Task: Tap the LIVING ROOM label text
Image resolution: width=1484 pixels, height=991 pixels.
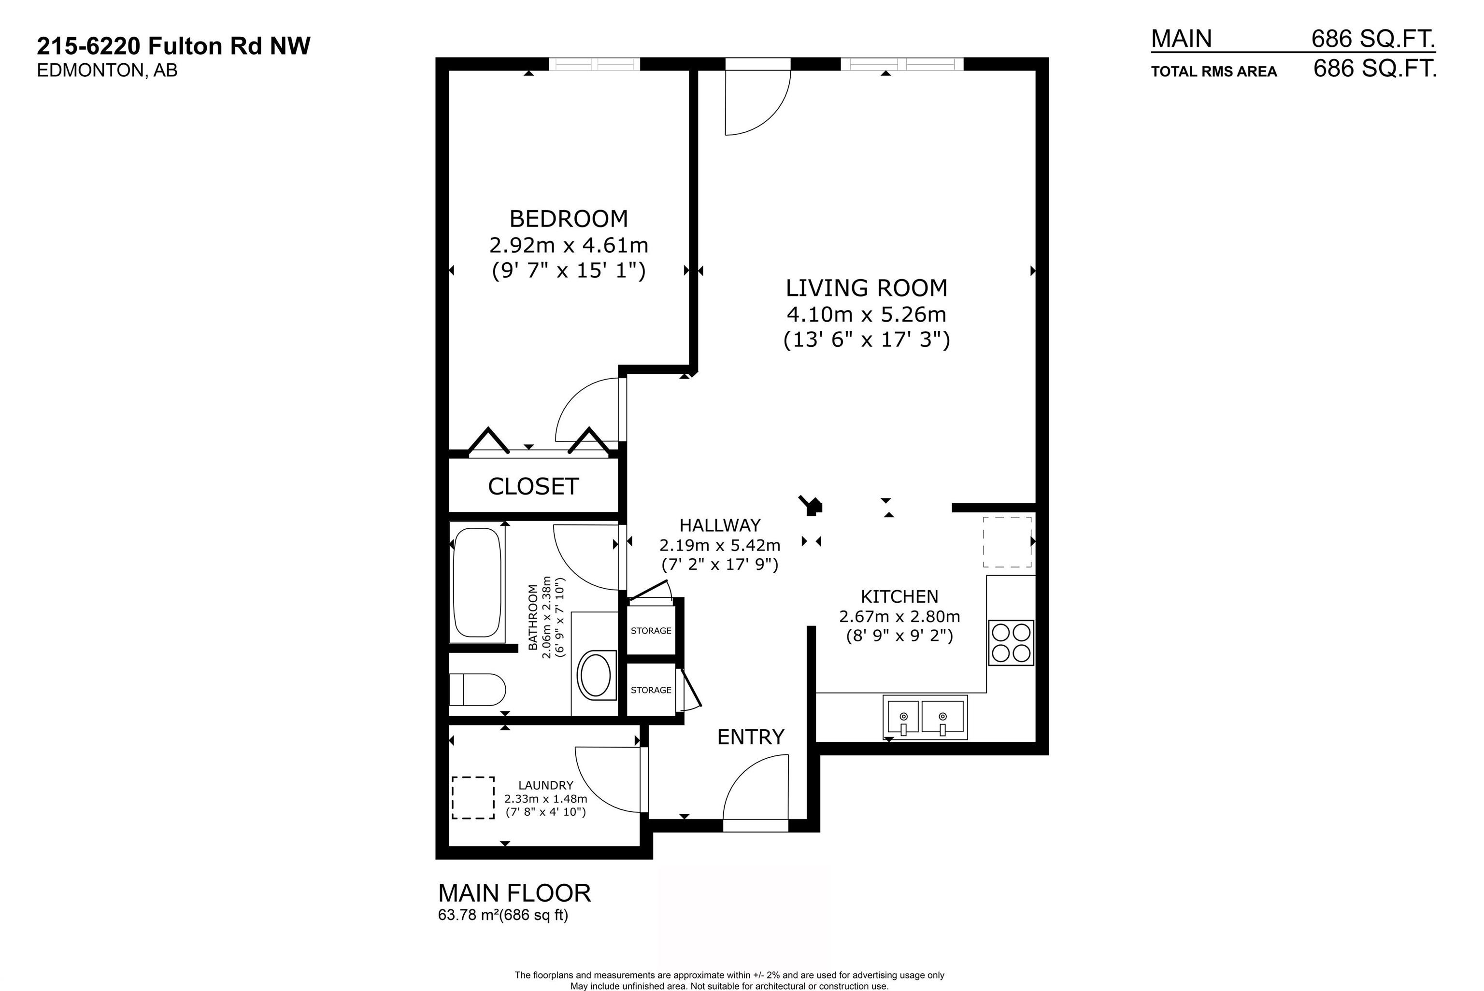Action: point(867,288)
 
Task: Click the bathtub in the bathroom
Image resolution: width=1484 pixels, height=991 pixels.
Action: point(478,582)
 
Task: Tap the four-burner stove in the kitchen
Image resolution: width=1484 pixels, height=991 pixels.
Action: point(1011,643)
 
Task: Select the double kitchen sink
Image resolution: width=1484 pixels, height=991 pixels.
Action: point(925,717)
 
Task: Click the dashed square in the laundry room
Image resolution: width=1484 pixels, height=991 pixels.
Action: point(473,798)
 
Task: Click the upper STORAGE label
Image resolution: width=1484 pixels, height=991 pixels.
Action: point(651,631)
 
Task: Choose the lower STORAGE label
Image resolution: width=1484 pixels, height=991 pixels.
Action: point(651,690)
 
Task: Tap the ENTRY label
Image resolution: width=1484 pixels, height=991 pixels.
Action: point(751,737)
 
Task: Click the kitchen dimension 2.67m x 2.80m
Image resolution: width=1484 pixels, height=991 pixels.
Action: point(899,616)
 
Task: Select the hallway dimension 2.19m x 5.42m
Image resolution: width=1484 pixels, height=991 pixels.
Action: point(720,545)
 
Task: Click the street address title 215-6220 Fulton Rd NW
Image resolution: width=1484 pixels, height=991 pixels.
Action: point(174,46)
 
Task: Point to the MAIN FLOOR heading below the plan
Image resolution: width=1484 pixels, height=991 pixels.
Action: point(514,893)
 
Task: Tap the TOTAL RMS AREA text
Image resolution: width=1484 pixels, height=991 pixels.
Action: point(1214,72)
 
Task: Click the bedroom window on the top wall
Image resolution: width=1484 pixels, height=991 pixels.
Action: point(594,64)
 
